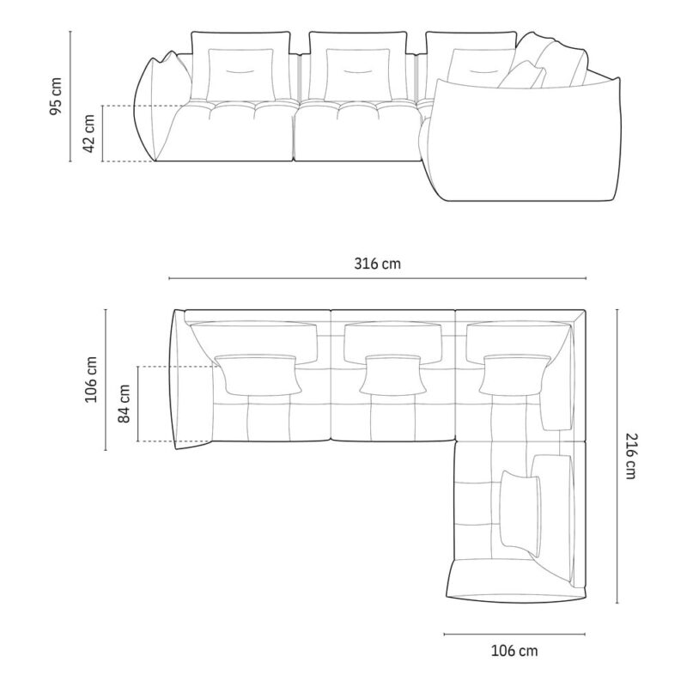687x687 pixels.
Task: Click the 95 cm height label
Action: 56,96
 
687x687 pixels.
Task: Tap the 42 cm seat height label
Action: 88,133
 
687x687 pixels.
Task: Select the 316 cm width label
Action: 377,264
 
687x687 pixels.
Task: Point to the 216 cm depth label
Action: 631,456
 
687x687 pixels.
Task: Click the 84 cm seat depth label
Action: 124,404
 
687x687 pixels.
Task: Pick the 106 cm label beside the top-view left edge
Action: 91,380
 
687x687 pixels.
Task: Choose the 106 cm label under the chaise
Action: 514,651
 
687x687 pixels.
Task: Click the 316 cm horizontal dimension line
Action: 377,278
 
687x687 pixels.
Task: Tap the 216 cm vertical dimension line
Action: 617,456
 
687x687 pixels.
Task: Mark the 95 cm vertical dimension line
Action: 70,96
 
